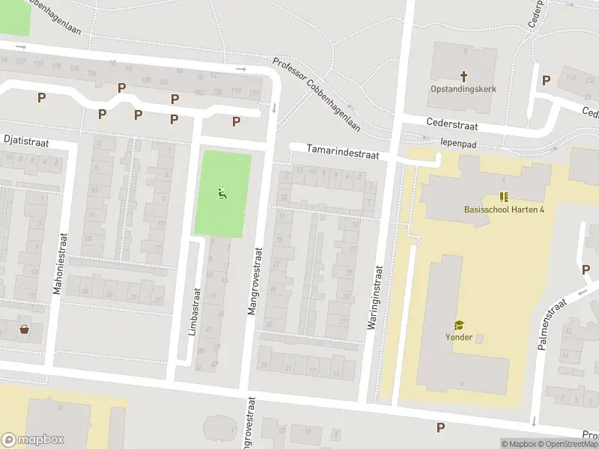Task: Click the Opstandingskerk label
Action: click(463, 89)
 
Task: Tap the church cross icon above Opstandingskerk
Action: click(463, 76)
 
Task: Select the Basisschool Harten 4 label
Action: click(504, 210)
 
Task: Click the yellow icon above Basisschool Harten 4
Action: click(504, 197)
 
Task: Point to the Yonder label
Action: click(458, 337)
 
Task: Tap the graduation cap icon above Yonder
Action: click(458, 324)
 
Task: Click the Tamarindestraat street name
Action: click(342, 152)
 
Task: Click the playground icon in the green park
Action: click(222, 195)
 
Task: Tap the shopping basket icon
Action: click(25, 329)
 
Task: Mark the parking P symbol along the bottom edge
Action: click(440, 427)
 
